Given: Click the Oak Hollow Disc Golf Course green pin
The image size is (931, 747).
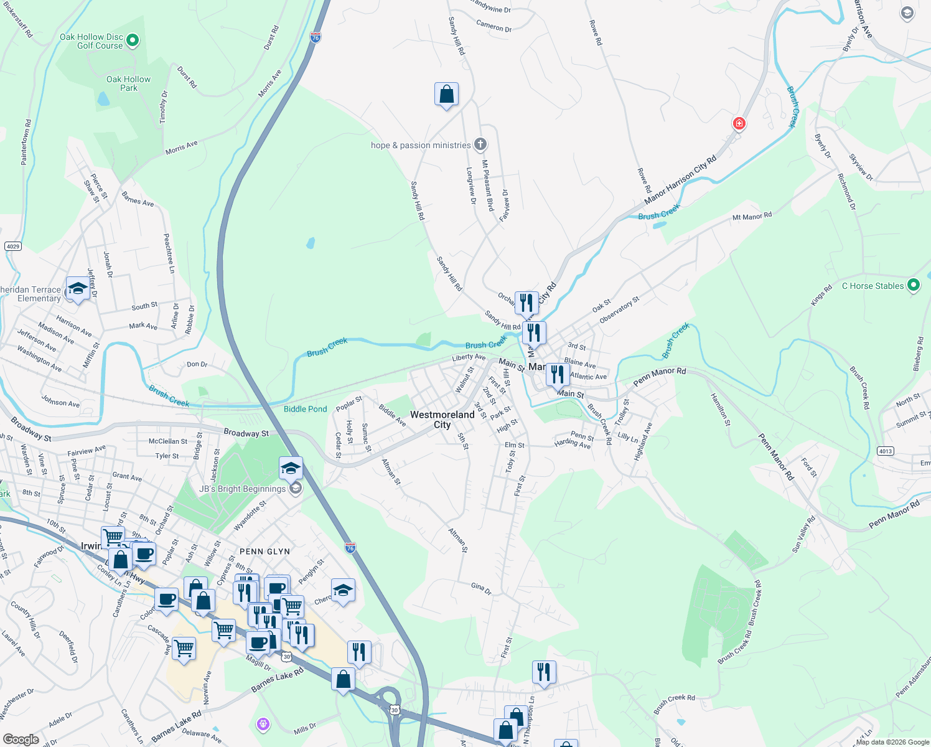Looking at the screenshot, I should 132,41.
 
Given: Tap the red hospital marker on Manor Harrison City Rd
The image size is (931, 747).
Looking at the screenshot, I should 739,123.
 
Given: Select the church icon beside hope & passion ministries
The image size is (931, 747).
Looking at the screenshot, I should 480,145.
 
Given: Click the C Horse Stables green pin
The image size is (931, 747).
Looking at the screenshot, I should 914,286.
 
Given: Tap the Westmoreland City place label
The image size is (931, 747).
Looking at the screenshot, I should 442,420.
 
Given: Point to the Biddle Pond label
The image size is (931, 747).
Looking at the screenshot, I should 305,409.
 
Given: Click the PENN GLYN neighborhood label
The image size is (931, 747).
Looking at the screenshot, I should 264,552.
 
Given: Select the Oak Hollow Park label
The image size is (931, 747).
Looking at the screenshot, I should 128,83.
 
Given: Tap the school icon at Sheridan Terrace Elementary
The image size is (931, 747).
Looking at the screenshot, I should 78,289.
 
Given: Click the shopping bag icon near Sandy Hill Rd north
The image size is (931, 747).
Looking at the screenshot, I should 446,95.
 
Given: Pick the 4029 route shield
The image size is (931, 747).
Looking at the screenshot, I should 13,247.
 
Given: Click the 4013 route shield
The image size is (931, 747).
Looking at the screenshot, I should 885,451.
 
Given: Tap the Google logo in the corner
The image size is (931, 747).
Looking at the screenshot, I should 21,739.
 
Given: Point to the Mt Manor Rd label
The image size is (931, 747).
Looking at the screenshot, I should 752,217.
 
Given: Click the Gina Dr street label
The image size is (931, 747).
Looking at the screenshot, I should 481,588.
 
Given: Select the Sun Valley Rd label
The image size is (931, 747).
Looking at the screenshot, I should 803,534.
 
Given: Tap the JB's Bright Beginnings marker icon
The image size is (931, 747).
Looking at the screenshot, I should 296,488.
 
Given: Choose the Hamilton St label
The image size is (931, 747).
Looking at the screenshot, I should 721,409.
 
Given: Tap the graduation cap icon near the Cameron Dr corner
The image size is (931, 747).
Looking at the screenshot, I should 907,12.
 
